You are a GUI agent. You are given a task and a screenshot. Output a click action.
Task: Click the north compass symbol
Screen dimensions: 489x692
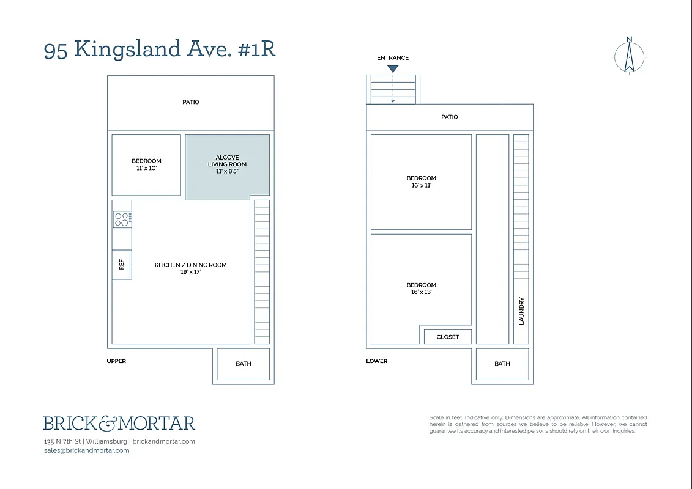point(629,56)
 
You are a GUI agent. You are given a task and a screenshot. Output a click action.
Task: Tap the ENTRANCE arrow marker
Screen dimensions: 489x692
point(393,68)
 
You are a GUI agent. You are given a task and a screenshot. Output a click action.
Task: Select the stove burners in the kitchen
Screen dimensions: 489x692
point(122,219)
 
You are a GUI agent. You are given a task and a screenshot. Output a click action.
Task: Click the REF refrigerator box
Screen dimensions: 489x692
point(121,264)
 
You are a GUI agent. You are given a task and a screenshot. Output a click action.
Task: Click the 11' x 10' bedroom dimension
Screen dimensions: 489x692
point(146,168)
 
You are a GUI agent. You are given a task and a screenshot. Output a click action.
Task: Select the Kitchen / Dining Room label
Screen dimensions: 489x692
point(190,265)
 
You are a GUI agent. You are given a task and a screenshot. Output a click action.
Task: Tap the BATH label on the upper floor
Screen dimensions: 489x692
point(244,364)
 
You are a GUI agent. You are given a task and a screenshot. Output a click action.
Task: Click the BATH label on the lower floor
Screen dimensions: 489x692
point(502,364)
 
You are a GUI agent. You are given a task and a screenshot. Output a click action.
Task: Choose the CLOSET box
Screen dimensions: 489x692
point(448,337)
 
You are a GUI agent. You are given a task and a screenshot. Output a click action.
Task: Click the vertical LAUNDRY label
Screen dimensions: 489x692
point(521,311)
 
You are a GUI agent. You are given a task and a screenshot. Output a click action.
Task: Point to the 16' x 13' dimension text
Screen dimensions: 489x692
point(422,292)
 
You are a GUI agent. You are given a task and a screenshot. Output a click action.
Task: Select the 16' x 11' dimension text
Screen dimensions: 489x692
point(422,185)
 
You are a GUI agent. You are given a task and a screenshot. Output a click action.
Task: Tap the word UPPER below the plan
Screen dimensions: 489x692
point(116,361)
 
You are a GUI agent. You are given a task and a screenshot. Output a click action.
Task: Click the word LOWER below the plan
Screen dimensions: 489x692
point(377,361)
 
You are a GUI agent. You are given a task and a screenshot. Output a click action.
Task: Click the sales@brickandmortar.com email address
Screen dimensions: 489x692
point(86,450)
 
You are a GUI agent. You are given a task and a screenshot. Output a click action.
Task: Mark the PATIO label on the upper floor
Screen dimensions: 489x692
point(191,102)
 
